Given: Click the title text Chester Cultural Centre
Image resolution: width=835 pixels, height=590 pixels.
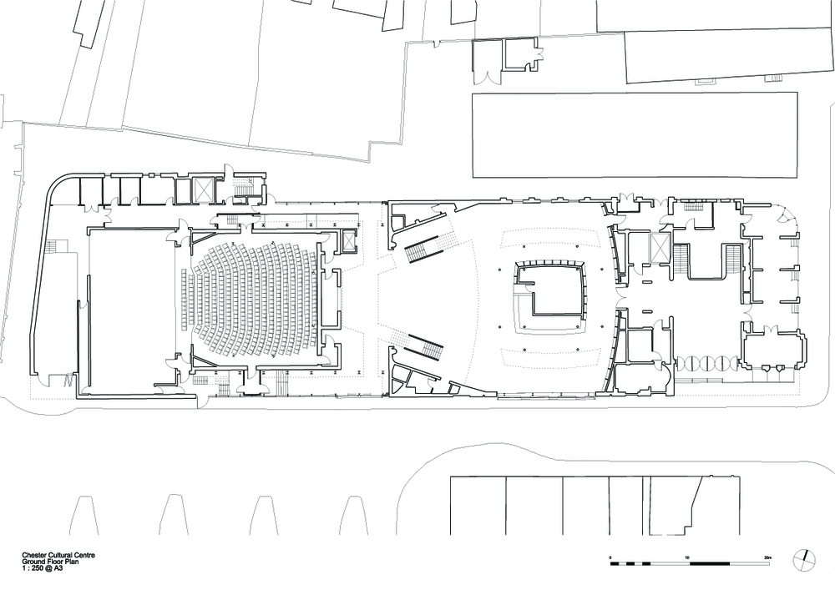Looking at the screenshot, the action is pyautogui.click(x=58, y=556).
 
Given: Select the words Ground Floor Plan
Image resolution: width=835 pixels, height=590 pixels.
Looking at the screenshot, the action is pyautogui.click(x=50, y=562).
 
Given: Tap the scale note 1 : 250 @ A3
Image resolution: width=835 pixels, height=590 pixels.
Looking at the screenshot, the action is pyautogui.click(x=43, y=567).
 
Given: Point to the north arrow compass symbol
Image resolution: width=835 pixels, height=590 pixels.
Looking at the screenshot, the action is pyautogui.click(x=803, y=559).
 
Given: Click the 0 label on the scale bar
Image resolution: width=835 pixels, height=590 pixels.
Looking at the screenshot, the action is pyautogui.click(x=611, y=557).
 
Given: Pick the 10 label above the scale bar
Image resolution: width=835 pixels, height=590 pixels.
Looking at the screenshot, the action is pyautogui.click(x=687, y=557).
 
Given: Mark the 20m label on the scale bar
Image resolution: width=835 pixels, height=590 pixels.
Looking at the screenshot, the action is pyautogui.click(x=767, y=557).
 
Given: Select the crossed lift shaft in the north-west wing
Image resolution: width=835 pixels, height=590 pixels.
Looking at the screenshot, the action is pyautogui.click(x=203, y=189).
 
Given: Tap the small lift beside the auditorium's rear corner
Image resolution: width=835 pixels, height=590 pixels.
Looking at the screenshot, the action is pyautogui.click(x=349, y=240).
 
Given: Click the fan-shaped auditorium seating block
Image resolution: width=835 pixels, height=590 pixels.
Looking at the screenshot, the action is pyautogui.click(x=250, y=298).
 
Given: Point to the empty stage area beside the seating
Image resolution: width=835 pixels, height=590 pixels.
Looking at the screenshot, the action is pyautogui.click(x=132, y=311).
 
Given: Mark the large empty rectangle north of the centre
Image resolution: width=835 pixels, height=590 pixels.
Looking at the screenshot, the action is pyautogui.click(x=635, y=135).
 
